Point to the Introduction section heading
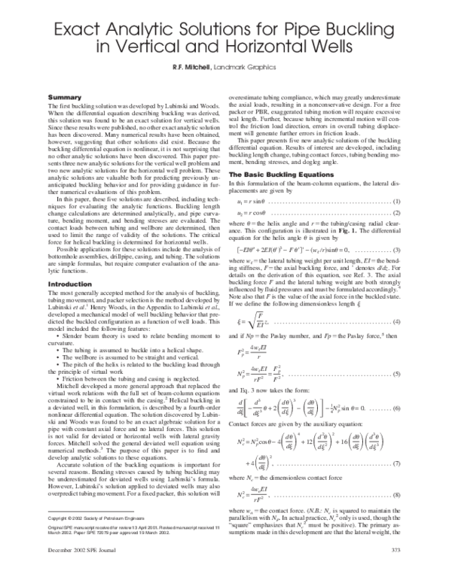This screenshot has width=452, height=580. (70, 263)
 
